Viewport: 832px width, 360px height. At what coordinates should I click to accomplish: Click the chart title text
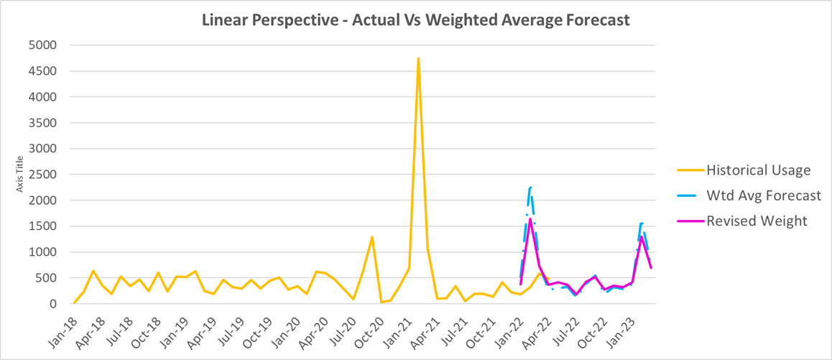pos(416,19)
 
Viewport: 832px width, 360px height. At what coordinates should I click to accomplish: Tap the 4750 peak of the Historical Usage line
pos(418,59)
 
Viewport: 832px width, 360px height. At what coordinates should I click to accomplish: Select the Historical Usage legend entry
pos(758,170)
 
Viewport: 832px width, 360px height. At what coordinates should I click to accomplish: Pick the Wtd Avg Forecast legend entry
pos(763,195)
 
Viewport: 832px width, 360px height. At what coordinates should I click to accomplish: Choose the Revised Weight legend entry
pos(757,221)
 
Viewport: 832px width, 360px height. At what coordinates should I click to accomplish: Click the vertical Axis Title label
pos(22,175)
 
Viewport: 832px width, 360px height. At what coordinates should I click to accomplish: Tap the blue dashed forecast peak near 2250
pos(530,188)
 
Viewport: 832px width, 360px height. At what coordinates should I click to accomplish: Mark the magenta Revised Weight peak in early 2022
pos(530,219)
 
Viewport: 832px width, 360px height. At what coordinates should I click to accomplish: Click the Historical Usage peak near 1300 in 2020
pos(372,237)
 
